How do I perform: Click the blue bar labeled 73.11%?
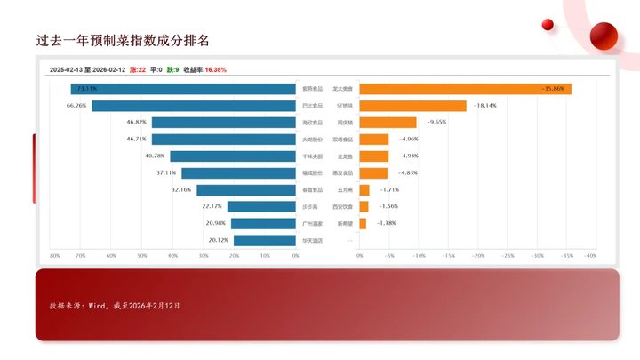pos(183,89)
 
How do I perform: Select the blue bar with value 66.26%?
pos(194,106)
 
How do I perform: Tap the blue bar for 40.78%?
pos(233,156)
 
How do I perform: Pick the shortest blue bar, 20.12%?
pos(265,240)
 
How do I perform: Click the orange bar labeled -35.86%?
pos(465,89)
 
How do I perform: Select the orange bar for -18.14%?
pos(412,106)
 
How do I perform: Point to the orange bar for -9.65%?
pos(388,123)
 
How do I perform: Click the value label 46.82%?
pos(137,123)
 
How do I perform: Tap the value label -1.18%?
pos(388,223)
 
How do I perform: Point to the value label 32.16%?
pos(181,189)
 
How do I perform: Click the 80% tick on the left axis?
pos(54,256)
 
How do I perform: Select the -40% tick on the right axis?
pos(589,256)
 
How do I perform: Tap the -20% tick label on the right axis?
pos(477,256)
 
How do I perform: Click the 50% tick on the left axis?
pos(142,256)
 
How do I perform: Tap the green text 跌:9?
pos(172,69)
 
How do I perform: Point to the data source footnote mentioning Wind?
pos(115,305)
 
